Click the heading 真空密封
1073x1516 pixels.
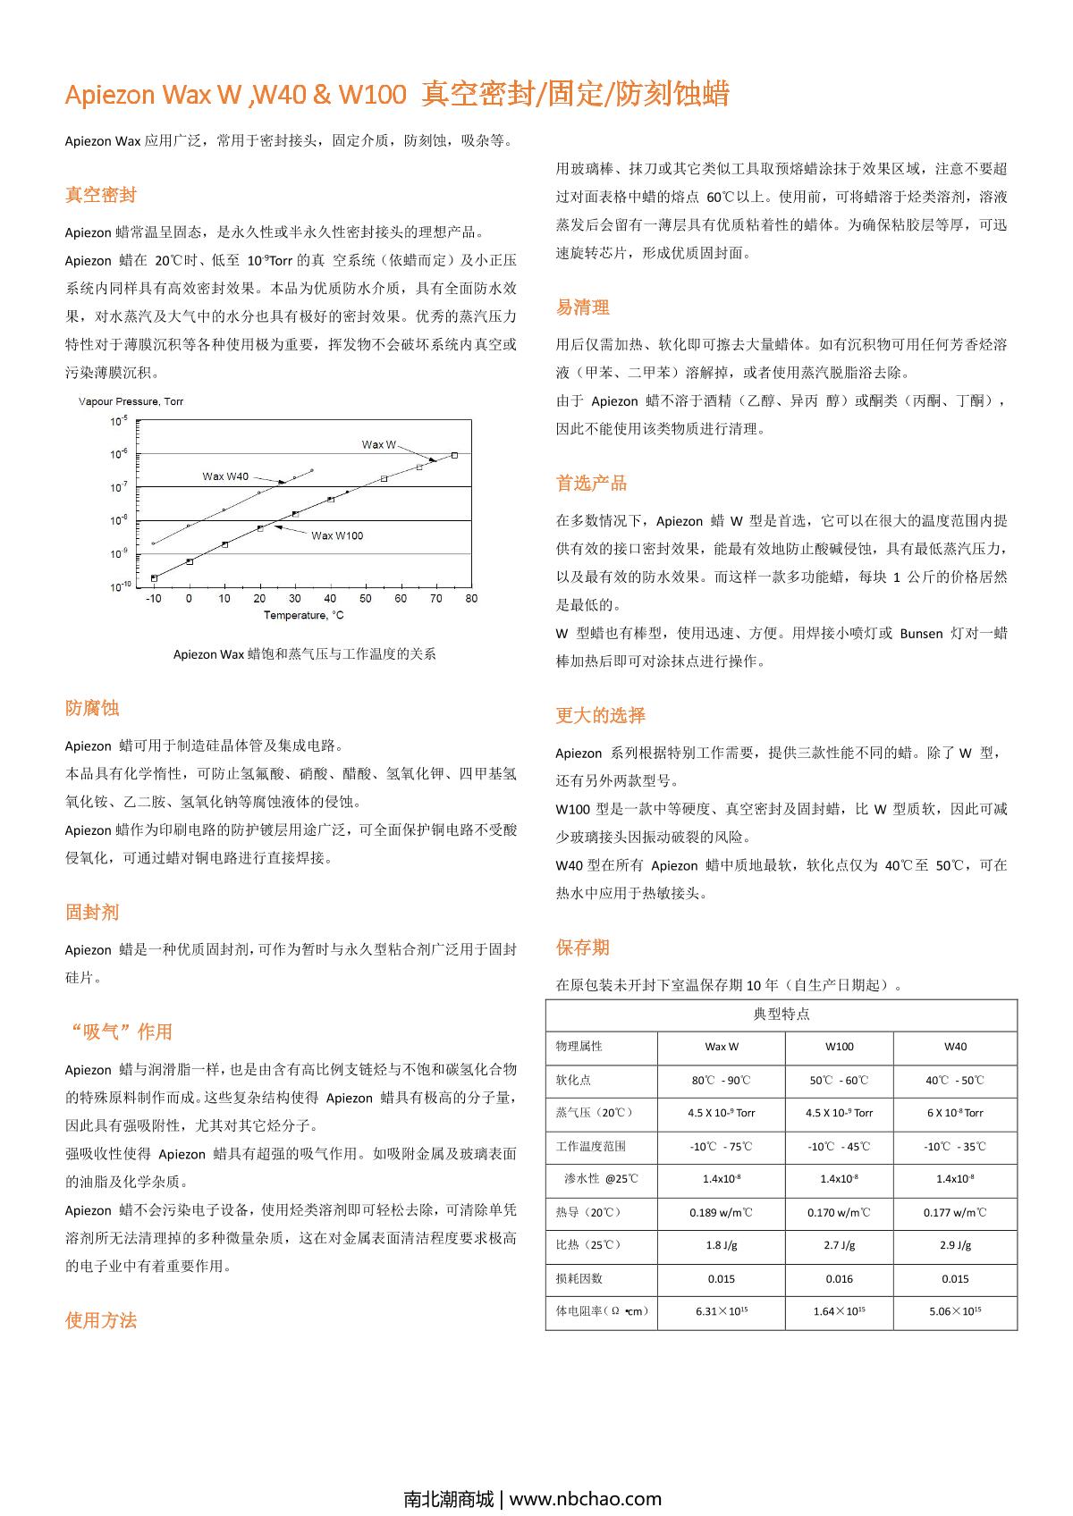(101, 195)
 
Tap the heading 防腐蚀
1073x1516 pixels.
(92, 708)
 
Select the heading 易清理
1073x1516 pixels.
(583, 307)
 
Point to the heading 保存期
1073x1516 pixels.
(583, 947)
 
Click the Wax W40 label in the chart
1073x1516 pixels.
(225, 476)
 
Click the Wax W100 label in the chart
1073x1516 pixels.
(337, 535)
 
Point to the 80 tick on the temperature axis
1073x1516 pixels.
(471, 598)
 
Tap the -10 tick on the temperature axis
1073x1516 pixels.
(154, 598)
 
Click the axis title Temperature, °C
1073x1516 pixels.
(304, 615)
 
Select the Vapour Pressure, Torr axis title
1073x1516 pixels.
(131, 401)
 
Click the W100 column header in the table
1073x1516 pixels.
(839, 1047)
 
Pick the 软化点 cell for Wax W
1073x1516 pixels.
(721, 1080)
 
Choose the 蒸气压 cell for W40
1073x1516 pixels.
(955, 1113)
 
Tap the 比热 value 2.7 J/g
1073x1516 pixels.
(839, 1245)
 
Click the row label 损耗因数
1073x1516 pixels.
(579, 1278)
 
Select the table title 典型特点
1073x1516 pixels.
(782, 1014)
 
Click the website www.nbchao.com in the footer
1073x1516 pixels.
(586, 1499)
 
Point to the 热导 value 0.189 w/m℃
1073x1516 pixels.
(721, 1212)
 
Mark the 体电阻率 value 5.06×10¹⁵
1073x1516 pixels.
(955, 1311)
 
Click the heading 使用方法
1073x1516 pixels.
(101, 1320)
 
